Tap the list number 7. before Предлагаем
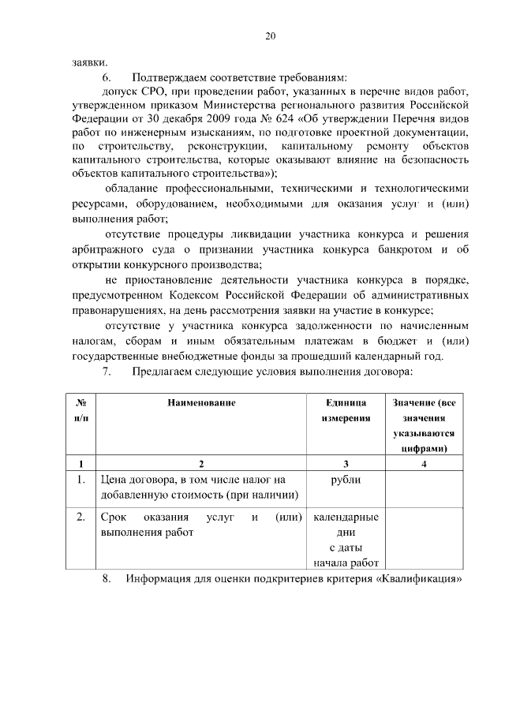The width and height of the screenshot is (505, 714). coord(108,371)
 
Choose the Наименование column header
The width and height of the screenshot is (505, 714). coord(201,403)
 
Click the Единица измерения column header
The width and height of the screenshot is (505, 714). coord(346,410)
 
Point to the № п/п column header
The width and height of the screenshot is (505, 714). coord(81,410)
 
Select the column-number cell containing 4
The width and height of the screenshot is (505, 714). coord(424,464)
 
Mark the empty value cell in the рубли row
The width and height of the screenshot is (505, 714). coord(424,488)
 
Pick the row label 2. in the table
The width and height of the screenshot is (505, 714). coord(81,518)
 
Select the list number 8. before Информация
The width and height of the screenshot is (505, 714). coord(108,580)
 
